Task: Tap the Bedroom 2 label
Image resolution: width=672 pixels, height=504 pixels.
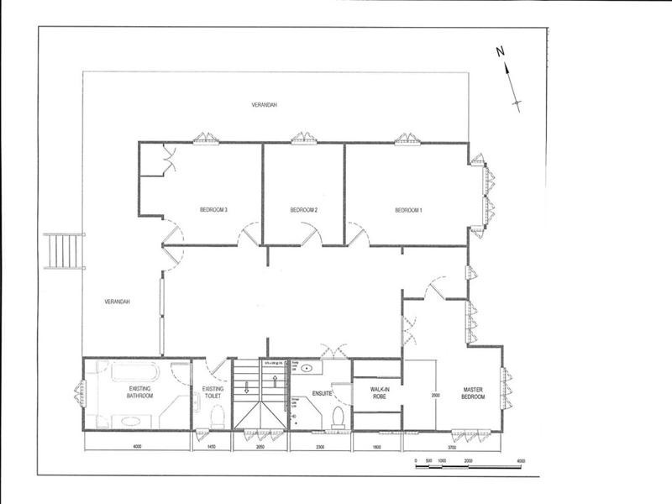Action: tap(303, 209)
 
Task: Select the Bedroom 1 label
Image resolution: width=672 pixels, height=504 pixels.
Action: tap(408, 209)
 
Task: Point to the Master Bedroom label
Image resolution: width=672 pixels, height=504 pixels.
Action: tap(475, 392)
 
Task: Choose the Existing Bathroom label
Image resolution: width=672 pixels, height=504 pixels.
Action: tap(139, 391)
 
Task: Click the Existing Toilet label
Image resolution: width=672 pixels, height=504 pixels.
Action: tap(213, 392)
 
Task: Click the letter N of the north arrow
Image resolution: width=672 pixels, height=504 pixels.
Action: tap(500, 51)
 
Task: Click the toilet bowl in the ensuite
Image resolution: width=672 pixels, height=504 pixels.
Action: tap(339, 416)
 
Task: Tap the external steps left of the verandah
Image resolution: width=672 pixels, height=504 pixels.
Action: tap(65, 249)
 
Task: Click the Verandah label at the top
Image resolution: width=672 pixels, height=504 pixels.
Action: tap(265, 105)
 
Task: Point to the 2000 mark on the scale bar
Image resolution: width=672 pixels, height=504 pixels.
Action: tap(468, 462)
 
